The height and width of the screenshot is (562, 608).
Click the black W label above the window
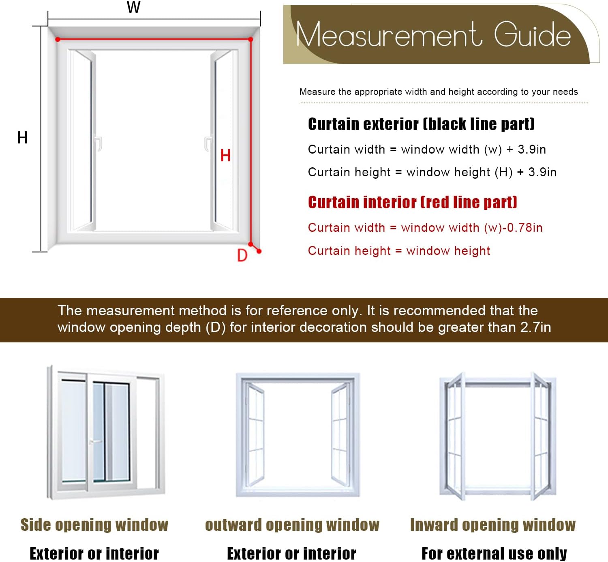tap(133, 7)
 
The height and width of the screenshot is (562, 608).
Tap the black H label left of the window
tap(22, 137)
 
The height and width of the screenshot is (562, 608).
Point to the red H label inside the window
tap(225, 156)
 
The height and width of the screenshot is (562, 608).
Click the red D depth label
tap(242, 255)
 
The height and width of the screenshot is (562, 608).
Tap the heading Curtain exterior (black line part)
tap(421, 124)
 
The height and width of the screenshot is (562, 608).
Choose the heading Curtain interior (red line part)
tap(412, 202)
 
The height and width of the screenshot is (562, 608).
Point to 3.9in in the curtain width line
tap(532, 150)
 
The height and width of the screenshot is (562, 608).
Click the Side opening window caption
tap(94, 525)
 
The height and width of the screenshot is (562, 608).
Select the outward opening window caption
tap(292, 525)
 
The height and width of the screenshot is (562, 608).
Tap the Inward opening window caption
tap(493, 525)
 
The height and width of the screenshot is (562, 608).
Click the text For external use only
tap(494, 553)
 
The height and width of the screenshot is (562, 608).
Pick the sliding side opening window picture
tap(106, 432)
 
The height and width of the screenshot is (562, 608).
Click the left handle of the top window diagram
tap(98, 144)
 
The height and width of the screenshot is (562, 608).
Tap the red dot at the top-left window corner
tap(58, 39)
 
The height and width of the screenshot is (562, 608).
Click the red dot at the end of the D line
tap(259, 251)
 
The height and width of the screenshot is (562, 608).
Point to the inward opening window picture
tap(498, 436)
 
